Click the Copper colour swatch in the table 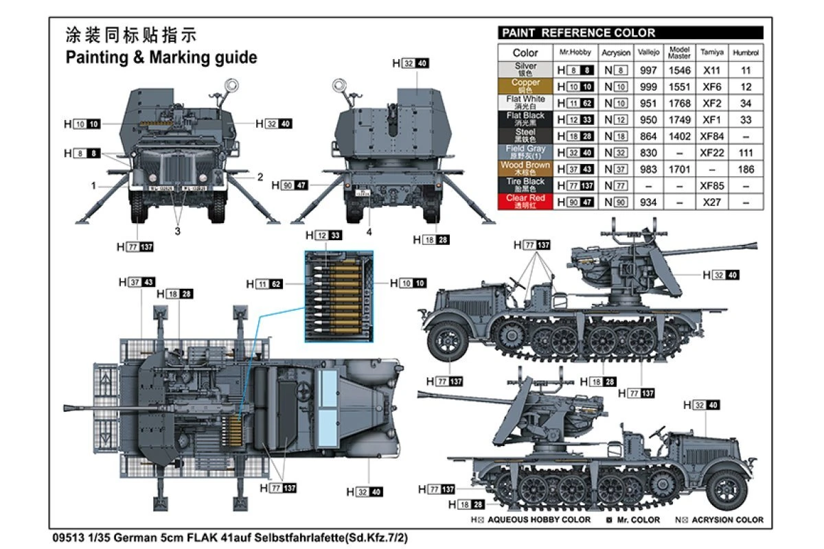525,86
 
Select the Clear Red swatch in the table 525,202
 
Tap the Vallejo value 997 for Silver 648,70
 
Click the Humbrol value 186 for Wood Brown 746,169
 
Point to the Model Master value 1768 679,103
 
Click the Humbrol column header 746,53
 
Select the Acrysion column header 616,53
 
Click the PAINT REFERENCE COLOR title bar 630,33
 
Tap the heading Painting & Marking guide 161,58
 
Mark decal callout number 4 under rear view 369,232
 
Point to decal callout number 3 177,231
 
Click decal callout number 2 260,177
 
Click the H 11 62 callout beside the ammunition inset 264,283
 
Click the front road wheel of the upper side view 447,341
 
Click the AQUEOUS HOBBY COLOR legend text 538,519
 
